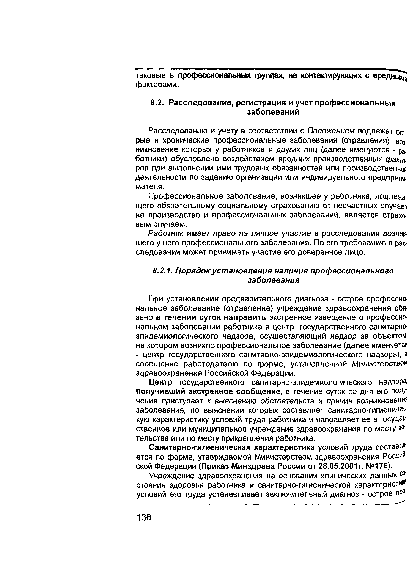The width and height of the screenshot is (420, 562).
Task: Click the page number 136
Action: (144, 517)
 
